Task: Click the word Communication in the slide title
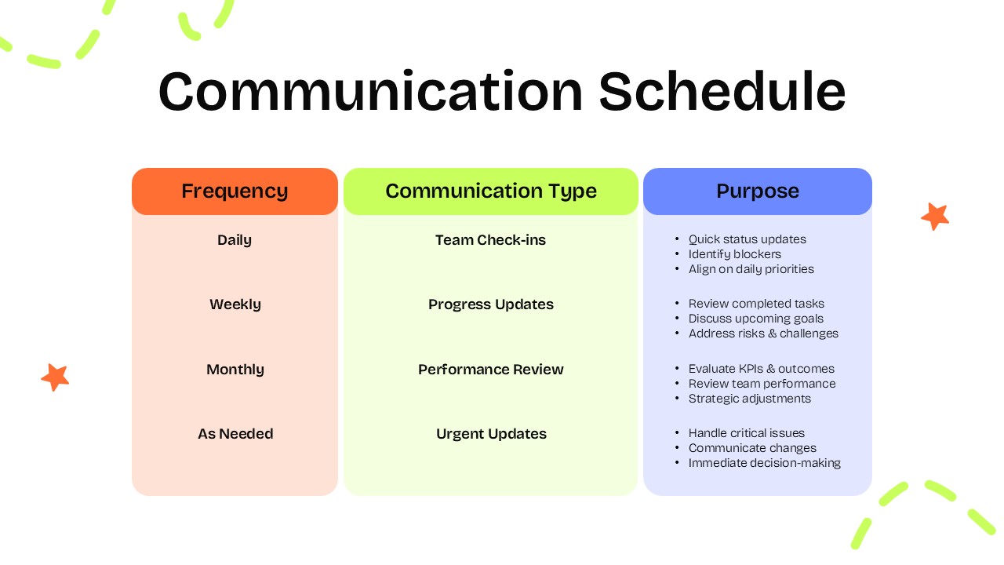370,91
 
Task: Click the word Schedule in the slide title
722,91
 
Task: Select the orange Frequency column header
235,191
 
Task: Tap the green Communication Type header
491,191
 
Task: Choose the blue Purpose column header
758,191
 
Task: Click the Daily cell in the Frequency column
235,240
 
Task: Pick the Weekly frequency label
235,304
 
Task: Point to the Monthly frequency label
235,370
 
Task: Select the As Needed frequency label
235,434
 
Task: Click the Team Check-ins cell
491,240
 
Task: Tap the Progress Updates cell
491,304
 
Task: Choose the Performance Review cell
491,370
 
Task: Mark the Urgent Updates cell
491,434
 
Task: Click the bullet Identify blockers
734,254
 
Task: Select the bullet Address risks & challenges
763,334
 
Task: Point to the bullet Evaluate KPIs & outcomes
761,369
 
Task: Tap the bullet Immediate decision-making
764,463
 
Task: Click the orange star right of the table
935,216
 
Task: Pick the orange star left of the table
55,377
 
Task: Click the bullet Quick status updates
747,239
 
